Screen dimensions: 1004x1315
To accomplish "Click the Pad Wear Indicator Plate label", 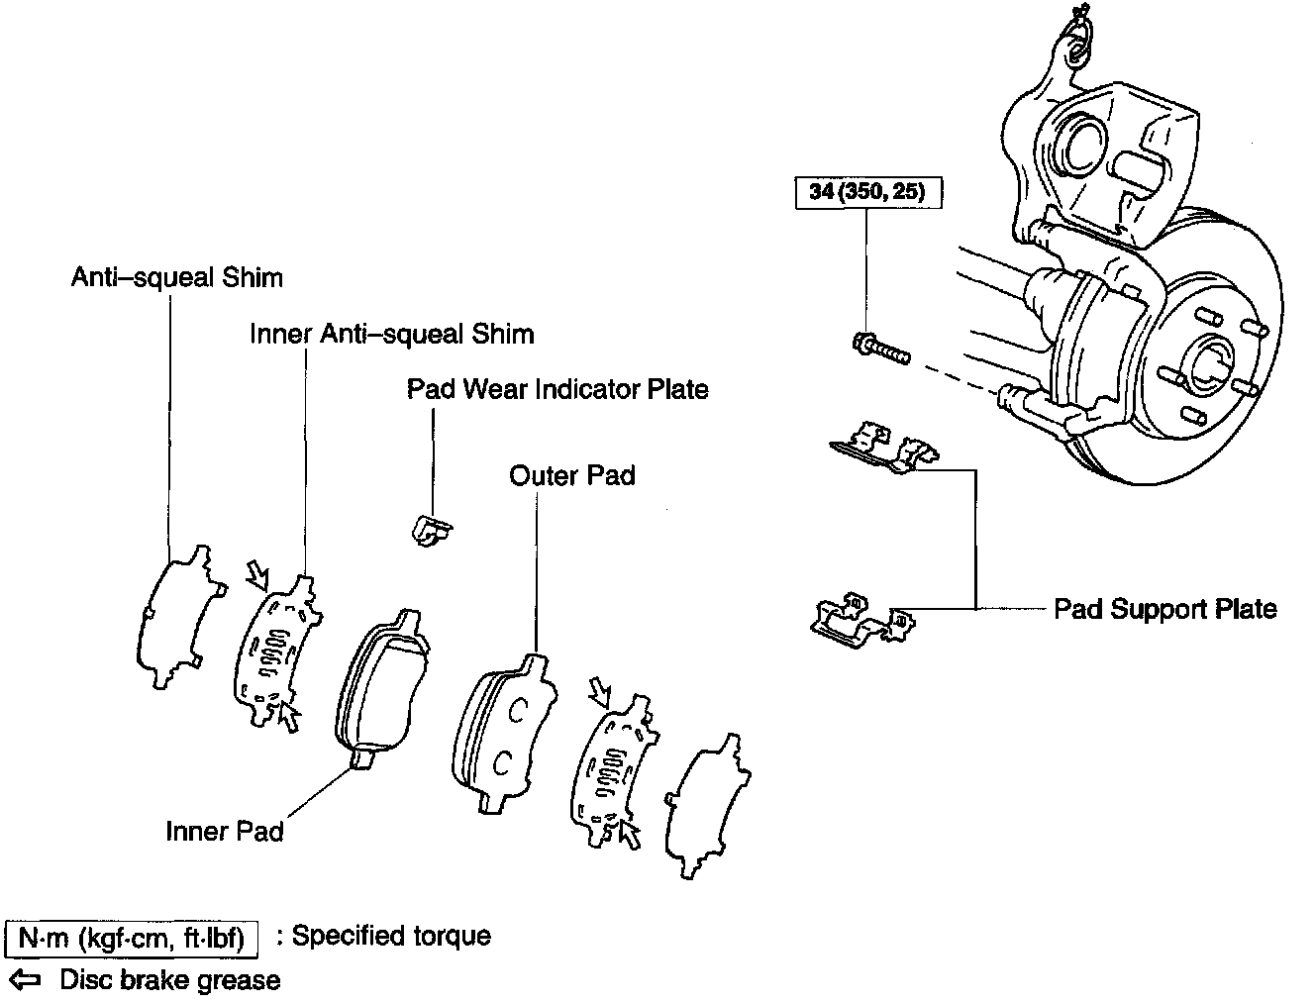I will point(557,389).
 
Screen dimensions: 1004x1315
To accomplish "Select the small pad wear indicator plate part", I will point(430,529).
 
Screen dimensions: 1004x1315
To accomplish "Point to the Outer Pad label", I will point(571,475).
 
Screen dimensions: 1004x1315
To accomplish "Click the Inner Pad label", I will point(225,831).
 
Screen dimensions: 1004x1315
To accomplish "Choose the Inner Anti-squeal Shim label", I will point(391,334).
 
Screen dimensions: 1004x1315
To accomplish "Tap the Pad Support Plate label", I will point(1164,608).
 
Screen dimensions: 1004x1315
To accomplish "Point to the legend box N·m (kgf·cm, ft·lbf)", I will point(132,937).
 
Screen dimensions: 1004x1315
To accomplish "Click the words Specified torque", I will point(391,936).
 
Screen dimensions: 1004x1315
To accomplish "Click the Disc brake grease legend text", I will point(170,980).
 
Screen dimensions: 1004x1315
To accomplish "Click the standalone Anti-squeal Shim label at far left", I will point(176,277).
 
